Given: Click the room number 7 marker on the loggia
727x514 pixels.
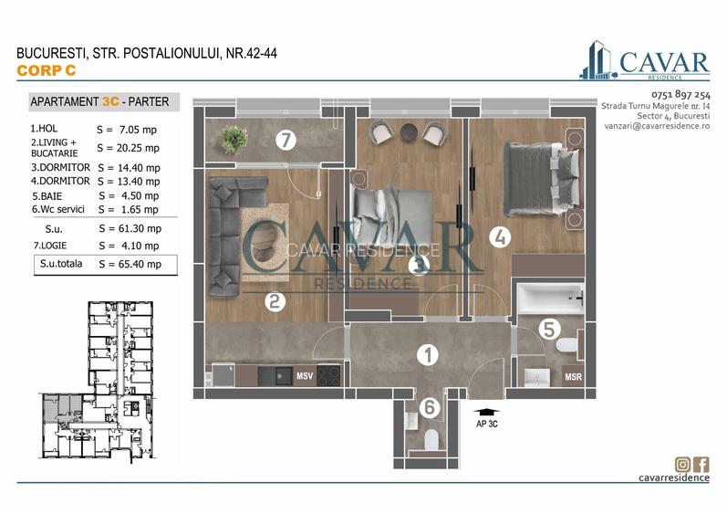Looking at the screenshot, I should click(x=286, y=141).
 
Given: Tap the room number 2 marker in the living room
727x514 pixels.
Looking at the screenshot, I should click(x=274, y=300).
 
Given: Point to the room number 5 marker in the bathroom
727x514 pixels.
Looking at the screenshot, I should click(x=548, y=327).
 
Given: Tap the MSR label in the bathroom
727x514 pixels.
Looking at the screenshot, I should click(x=573, y=376).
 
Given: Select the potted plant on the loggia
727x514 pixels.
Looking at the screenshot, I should click(x=234, y=139).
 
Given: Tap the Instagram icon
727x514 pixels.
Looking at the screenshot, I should click(x=681, y=465).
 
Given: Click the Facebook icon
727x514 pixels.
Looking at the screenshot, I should click(x=701, y=465).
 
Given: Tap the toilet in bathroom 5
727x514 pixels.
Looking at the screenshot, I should click(x=566, y=346).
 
